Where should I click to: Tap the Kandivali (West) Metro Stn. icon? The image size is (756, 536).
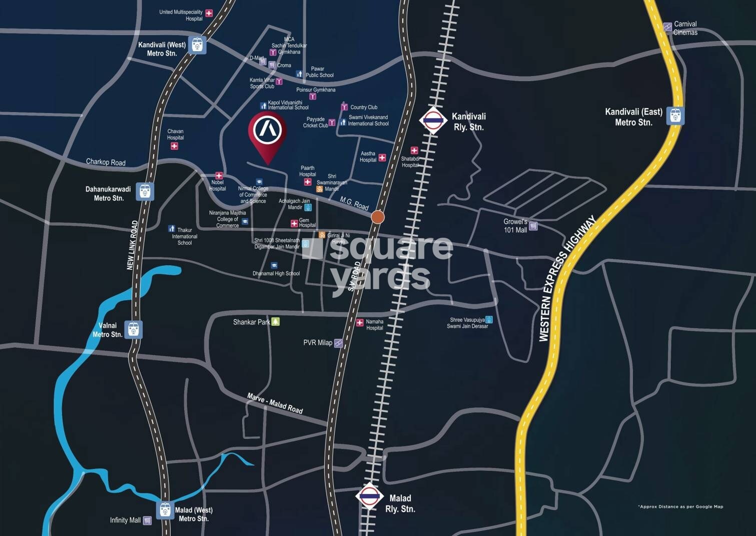pyautogui.click(x=197, y=45)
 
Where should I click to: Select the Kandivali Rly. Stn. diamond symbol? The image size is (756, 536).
pyautogui.click(x=433, y=120)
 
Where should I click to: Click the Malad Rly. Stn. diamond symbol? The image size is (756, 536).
pyautogui.click(x=369, y=496)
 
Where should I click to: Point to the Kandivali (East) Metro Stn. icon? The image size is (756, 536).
pyautogui.click(x=675, y=116)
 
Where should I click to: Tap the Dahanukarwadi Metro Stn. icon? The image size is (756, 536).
pyautogui.click(x=145, y=191)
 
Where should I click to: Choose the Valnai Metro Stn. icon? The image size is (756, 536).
pyautogui.click(x=133, y=330)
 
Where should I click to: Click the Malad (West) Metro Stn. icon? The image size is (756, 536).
pyautogui.click(x=165, y=510)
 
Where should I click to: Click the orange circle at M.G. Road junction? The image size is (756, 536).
pyautogui.click(x=378, y=217)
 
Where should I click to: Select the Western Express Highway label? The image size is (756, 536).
pyautogui.click(x=567, y=279)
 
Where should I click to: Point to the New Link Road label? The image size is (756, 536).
pyautogui.click(x=132, y=245)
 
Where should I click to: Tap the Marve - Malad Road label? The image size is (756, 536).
pyautogui.click(x=275, y=403)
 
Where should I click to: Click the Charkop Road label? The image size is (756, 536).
pyautogui.click(x=106, y=162)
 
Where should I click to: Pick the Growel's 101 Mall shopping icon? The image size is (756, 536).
pyautogui.click(x=533, y=226)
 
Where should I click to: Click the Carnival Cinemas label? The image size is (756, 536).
pyautogui.click(x=685, y=28)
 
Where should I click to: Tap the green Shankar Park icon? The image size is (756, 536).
pyautogui.click(x=276, y=322)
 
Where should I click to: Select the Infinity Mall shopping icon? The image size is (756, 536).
pyautogui.click(x=147, y=520)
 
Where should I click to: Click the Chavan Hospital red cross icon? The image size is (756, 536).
pyautogui.click(x=174, y=146)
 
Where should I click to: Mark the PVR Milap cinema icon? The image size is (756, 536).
pyautogui.click(x=338, y=343)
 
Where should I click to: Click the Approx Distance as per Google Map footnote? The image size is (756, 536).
pyautogui.click(x=680, y=506)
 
